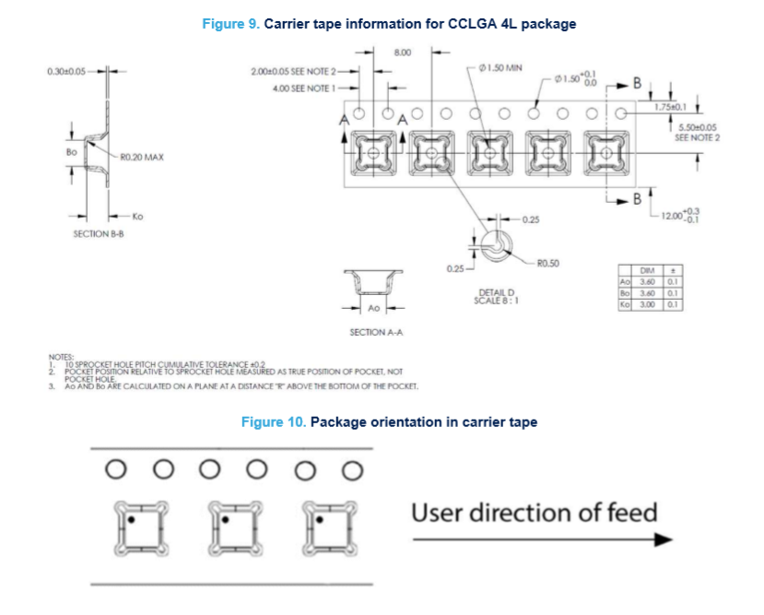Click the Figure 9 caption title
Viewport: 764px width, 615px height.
tap(389, 24)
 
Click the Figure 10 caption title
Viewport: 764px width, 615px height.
tap(389, 421)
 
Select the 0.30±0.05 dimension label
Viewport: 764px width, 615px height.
tap(67, 71)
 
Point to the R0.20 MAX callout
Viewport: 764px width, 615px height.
tap(141, 158)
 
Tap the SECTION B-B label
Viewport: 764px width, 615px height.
tap(100, 234)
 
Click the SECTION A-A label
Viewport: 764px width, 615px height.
tap(374, 331)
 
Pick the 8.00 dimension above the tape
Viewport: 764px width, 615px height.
tap(403, 53)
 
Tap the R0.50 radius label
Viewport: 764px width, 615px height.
tap(547, 263)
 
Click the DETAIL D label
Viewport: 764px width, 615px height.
tap(496, 293)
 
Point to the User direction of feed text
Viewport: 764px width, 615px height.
tap(534, 512)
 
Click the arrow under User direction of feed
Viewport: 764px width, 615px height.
tap(534, 540)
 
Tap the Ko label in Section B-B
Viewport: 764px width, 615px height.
tap(137, 216)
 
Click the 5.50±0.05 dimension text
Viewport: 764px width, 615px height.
tap(698, 128)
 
